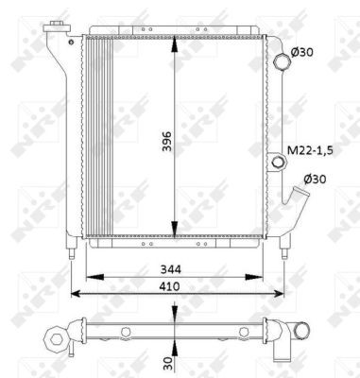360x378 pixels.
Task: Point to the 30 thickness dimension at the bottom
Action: point(166,362)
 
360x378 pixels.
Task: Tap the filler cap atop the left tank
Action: point(60,23)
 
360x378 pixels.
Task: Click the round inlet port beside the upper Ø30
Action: point(282,61)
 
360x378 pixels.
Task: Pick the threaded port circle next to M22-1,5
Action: point(278,163)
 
